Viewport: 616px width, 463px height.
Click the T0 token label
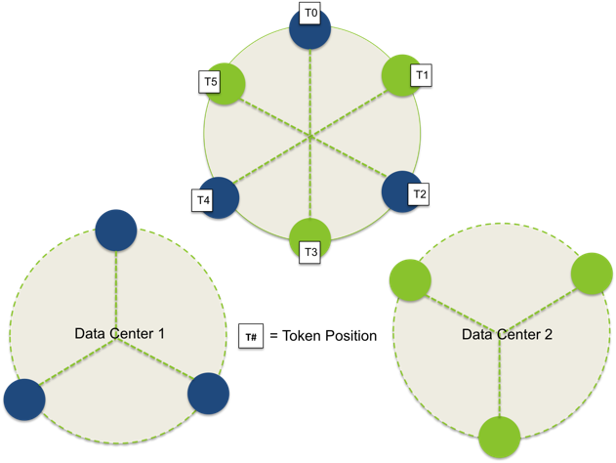(311, 14)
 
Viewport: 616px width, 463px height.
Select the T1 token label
(424, 74)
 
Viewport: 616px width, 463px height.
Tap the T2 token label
(419, 194)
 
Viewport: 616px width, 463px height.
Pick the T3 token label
(311, 253)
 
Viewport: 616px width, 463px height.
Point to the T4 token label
(202, 200)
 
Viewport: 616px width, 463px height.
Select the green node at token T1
(400, 75)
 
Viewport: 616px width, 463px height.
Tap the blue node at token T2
(399, 191)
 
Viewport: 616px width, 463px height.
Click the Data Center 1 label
(119, 333)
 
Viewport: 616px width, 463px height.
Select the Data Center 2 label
(507, 334)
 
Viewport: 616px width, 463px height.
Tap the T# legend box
(251, 336)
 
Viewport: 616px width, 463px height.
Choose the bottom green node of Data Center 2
(500, 436)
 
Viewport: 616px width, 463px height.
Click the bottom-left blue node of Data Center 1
(24, 400)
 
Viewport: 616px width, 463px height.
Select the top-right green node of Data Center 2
(592, 274)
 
